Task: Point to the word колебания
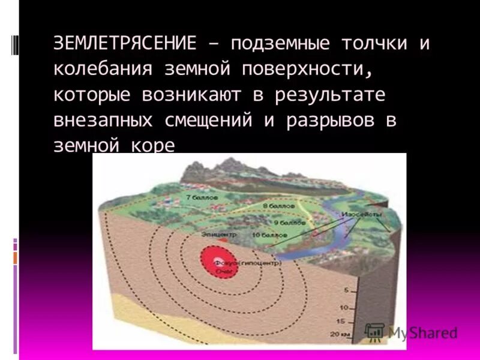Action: (104, 69)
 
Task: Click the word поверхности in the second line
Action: (303, 69)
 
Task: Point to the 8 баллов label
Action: (277, 205)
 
